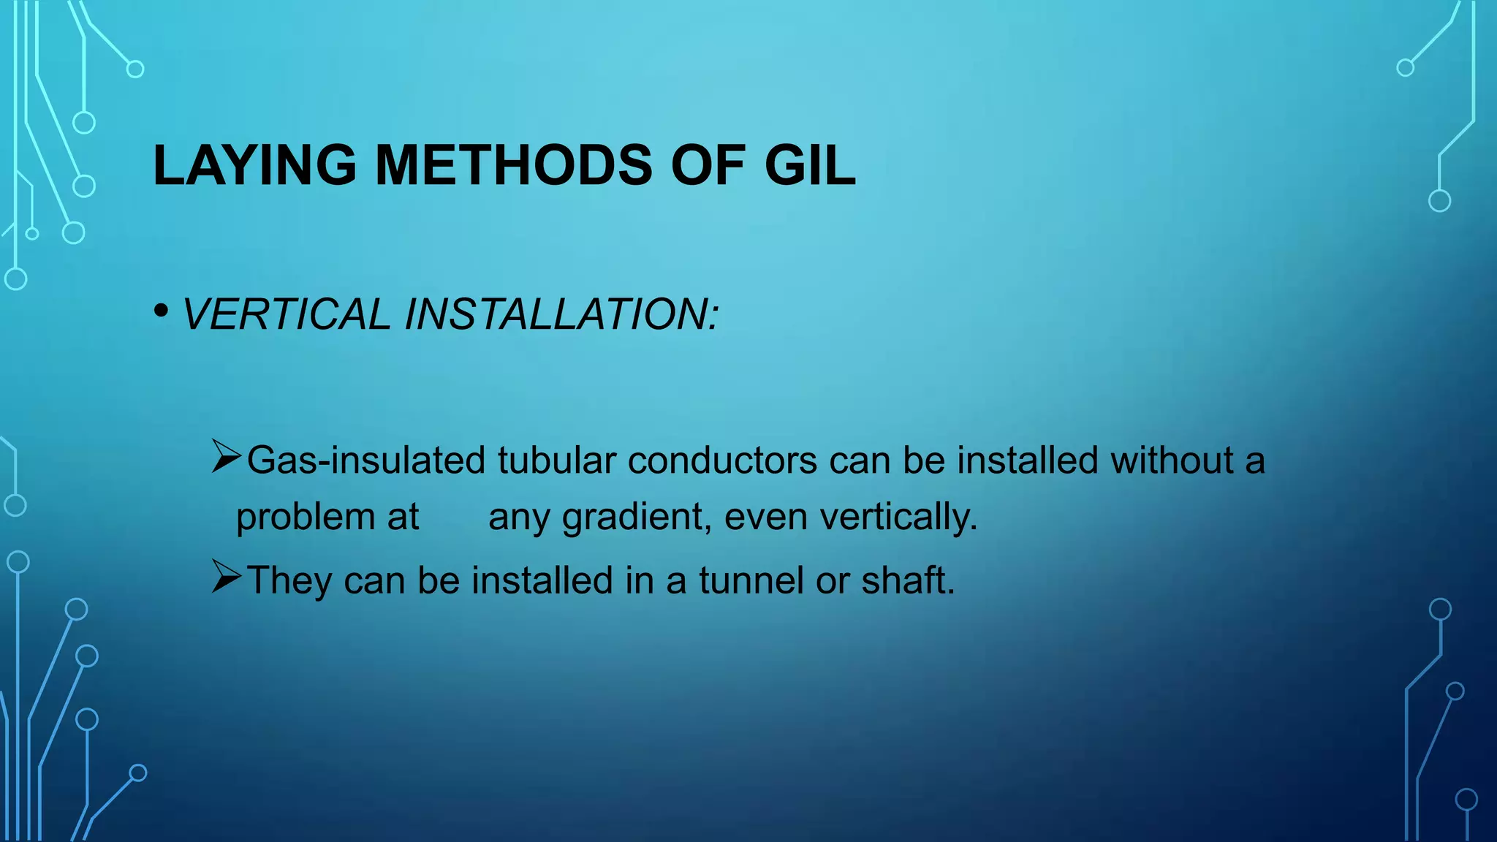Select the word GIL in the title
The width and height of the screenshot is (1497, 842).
coord(809,166)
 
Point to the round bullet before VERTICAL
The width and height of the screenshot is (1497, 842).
coord(162,311)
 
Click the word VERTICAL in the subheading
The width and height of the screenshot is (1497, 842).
coord(286,314)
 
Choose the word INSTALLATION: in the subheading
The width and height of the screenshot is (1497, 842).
coord(561,314)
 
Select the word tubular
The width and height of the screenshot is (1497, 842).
coord(556,460)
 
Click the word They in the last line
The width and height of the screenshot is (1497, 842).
coord(289,580)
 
